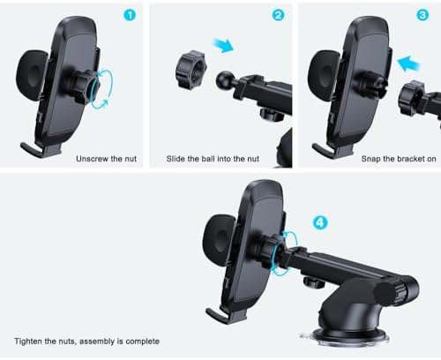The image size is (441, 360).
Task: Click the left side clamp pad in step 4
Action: click(217, 244)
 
